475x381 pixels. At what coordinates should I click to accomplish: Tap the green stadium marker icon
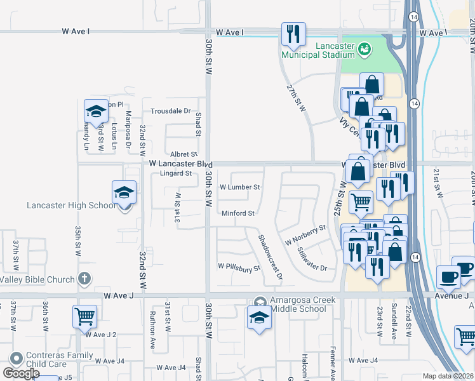[364, 48]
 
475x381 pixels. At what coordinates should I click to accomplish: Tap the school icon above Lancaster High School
[124, 192]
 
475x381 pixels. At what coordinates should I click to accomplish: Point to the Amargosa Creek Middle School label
[298, 305]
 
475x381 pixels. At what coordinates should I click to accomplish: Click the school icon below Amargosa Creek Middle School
[258, 319]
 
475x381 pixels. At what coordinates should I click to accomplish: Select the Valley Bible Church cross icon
[83, 279]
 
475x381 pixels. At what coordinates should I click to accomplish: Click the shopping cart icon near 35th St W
[84, 316]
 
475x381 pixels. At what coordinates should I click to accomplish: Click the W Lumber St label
[240, 187]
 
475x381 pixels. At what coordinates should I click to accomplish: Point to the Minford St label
[238, 213]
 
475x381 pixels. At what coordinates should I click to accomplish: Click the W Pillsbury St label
[239, 267]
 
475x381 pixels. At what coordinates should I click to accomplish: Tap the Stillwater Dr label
[312, 258]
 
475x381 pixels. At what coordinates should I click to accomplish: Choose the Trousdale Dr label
[170, 111]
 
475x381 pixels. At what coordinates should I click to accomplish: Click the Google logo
[21, 373]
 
